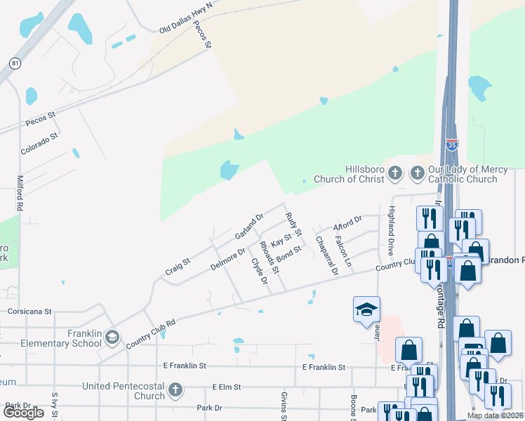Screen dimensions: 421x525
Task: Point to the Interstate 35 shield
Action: click(452, 145)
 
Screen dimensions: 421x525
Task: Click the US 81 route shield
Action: click(15, 63)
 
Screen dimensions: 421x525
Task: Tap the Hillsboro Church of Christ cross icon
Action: click(395, 173)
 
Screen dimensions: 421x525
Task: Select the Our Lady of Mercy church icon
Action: click(418, 173)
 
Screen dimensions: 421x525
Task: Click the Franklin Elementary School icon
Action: click(112, 338)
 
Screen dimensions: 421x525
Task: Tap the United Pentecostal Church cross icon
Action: click(175, 390)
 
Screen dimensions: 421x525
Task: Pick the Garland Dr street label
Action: click(248, 226)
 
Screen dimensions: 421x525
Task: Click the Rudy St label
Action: click(293, 222)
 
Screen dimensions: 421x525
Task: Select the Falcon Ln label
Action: click(343, 250)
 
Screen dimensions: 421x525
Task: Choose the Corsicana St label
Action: click(29, 311)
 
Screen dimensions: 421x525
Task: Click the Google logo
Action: click(23, 413)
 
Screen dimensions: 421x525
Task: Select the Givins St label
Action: click(284, 407)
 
